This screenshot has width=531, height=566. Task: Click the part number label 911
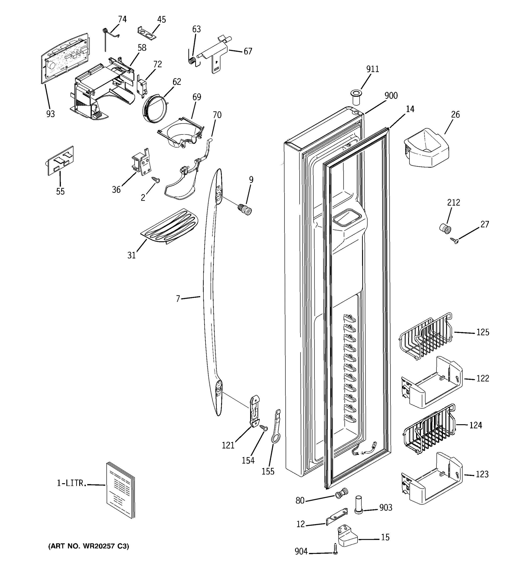click(x=372, y=69)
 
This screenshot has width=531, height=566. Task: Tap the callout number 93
click(x=51, y=114)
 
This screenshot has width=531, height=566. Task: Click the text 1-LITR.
click(x=72, y=483)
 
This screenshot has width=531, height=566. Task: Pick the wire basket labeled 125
click(x=425, y=336)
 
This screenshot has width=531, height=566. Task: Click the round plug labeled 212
click(x=445, y=229)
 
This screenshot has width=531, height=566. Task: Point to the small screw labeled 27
click(x=455, y=241)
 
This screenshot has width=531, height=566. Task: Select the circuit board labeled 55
click(x=60, y=161)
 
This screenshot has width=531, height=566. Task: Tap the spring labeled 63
click(x=192, y=60)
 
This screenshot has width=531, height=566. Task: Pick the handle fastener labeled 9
click(x=245, y=211)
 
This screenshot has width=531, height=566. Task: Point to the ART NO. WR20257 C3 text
click(x=88, y=546)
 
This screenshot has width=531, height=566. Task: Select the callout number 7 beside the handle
click(x=178, y=299)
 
